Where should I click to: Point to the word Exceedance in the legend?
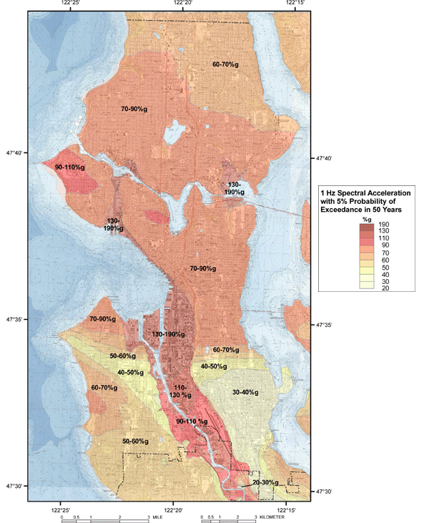346,211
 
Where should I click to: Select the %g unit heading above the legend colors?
365,219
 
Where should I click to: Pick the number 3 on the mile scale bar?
148,516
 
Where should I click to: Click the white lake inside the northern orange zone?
172,132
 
